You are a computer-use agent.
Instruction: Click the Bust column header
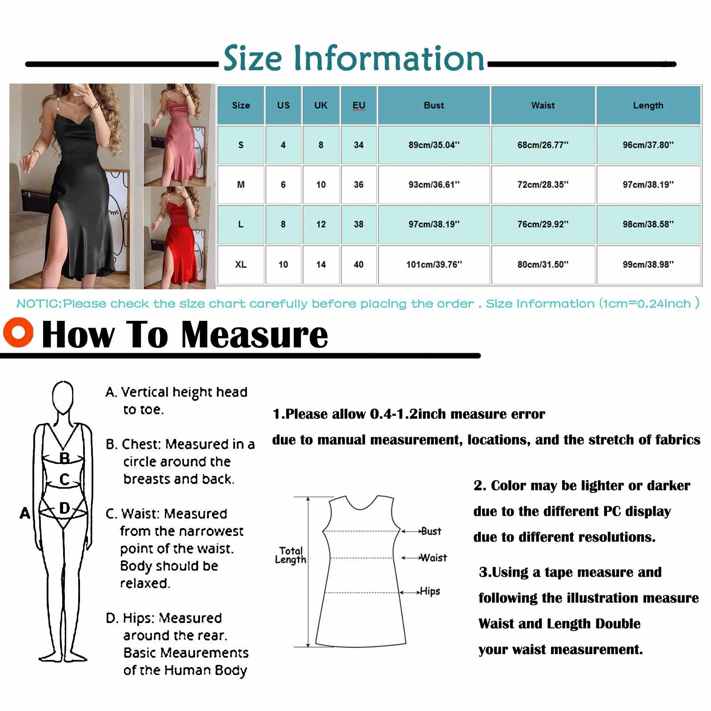(x=434, y=105)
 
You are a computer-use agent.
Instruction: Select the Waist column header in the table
(x=543, y=105)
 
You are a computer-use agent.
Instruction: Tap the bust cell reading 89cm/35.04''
(x=434, y=145)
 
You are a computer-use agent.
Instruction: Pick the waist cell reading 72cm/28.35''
(x=543, y=184)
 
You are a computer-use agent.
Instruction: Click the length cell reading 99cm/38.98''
(x=648, y=264)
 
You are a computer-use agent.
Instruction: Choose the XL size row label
(x=240, y=264)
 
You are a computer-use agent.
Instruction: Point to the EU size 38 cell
(x=359, y=224)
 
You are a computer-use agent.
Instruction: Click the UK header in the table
(x=320, y=105)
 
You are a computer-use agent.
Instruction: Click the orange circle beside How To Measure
(x=18, y=332)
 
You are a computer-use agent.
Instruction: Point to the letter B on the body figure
(x=64, y=458)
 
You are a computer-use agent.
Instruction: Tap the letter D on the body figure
(x=64, y=508)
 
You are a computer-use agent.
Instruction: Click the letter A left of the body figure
(x=25, y=513)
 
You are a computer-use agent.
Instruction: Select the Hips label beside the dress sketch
(x=430, y=591)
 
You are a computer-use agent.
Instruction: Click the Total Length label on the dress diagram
(x=291, y=555)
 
